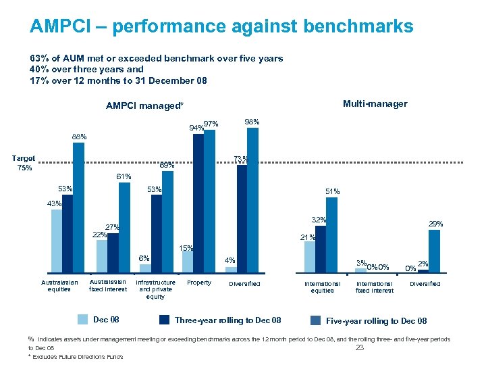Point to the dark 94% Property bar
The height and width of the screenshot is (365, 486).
point(198,203)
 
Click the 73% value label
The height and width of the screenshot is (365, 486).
point(240,160)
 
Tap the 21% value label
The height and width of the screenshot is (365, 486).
point(307,237)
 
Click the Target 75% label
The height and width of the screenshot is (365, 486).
point(24,163)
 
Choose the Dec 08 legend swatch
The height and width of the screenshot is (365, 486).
point(82,320)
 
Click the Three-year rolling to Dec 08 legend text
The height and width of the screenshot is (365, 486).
point(227,320)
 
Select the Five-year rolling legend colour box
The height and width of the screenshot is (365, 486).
point(315,320)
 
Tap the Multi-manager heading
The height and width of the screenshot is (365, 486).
point(375,103)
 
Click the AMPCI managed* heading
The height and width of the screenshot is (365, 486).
point(144,106)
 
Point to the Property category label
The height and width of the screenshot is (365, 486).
point(198,283)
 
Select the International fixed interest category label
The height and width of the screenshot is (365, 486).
point(375,287)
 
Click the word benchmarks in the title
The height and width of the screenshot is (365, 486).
point(358,26)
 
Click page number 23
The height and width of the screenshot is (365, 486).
point(359,348)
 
